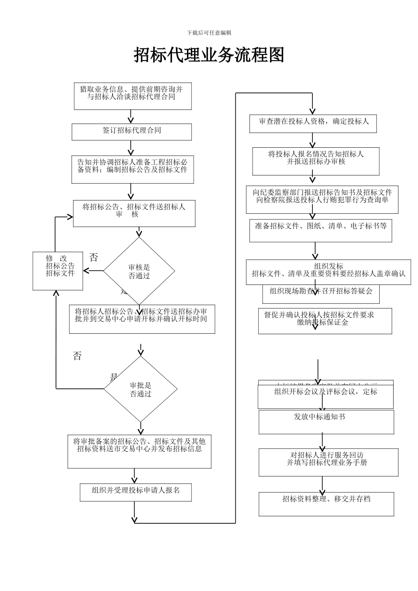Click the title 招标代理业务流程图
(x=209, y=55)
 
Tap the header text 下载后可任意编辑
(x=209, y=33)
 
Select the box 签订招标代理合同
(x=132, y=131)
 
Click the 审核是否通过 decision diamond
(x=139, y=271)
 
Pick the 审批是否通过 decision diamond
(x=140, y=389)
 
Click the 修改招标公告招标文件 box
(x=58, y=271)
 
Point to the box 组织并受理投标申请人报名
(x=136, y=492)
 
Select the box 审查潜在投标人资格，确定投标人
(x=313, y=123)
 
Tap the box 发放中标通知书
(x=326, y=422)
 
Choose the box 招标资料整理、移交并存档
(x=326, y=504)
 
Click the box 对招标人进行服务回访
(x=328, y=462)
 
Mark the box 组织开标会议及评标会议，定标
(x=326, y=396)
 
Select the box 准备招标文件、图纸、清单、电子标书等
(x=320, y=231)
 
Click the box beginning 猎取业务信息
(x=132, y=96)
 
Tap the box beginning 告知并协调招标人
(x=132, y=169)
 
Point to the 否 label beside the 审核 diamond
(x=94, y=257)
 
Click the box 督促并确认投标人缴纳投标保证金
(x=325, y=321)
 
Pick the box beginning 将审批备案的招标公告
(x=139, y=452)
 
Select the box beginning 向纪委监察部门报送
(x=322, y=200)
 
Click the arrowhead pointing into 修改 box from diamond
(x=86, y=271)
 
